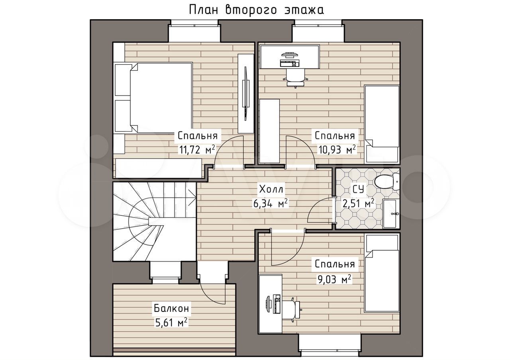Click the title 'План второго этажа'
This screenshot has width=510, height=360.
click(x=256, y=10)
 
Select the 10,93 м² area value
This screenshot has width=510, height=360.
click(x=336, y=149)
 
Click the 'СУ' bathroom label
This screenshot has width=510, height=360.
click(x=358, y=188)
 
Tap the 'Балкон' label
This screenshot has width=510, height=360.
click(x=171, y=308)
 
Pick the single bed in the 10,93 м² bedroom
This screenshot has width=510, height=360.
click(x=382, y=123)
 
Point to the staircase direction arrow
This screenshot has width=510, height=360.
click(x=192, y=195)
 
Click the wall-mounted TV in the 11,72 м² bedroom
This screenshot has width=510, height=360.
click(x=246, y=93)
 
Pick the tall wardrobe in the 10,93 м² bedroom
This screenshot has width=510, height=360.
click(x=269, y=131)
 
